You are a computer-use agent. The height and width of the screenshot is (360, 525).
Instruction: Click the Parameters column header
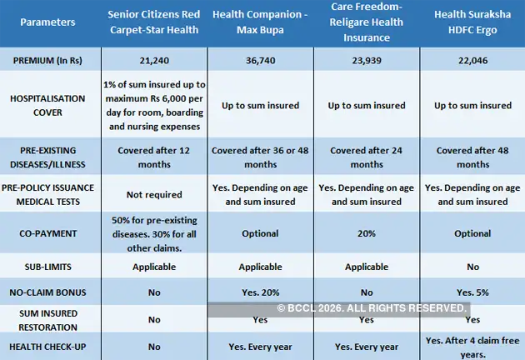[x=52, y=24]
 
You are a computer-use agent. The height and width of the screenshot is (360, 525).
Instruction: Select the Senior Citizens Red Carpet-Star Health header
[x=156, y=24]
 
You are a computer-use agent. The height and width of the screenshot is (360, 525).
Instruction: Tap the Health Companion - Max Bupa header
[x=260, y=24]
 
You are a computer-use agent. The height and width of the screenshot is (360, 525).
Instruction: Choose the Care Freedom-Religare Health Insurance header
[x=366, y=23]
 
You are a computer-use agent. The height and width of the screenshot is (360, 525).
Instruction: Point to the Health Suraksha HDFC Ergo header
[x=472, y=24]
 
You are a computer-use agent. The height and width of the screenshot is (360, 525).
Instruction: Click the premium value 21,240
[x=156, y=63]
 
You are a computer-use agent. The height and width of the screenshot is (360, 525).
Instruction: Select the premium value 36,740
[x=260, y=63]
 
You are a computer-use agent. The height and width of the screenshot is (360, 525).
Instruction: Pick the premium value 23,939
[x=366, y=63]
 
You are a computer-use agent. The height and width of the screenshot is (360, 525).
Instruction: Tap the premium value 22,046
[x=472, y=63]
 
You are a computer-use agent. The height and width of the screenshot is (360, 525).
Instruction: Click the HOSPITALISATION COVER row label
[x=52, y=106]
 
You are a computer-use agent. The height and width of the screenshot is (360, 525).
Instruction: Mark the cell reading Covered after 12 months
[x=156, y=157]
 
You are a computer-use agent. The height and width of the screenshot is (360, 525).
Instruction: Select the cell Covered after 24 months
[x=366, y=157]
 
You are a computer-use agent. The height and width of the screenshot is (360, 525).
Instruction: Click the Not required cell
[x=156, y=195]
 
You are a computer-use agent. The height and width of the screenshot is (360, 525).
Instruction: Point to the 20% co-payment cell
[x=366, y=234]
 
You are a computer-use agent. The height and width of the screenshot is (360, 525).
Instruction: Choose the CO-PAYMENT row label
[x=52, y=234]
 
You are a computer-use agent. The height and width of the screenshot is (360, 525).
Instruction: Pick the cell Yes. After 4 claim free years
[x=472, y=346]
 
